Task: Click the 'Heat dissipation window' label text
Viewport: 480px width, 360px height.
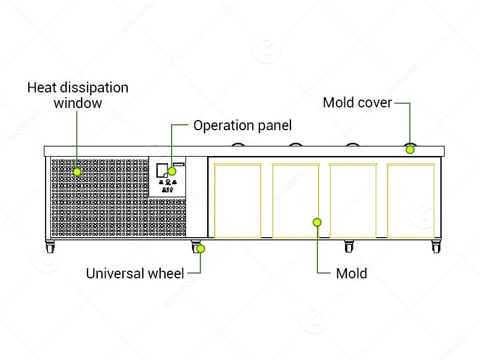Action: [x=78, y=95]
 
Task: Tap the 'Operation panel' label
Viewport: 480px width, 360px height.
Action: [x=242, y=125]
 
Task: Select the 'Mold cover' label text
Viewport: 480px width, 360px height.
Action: [x=357, y=103]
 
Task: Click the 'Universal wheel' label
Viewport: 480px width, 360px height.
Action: [x=135, y=274]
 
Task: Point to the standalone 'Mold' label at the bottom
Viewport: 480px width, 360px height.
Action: [x=352, y=274]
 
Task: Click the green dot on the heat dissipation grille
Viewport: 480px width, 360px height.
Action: [x=77, y=172]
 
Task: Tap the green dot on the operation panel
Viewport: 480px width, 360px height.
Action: [x=172, y=171]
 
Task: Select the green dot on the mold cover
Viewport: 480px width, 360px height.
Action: [x=410, y=149]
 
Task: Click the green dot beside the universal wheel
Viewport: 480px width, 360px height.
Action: [x=200, y=248]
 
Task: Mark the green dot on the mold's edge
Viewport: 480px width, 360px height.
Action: [x=317, y=222]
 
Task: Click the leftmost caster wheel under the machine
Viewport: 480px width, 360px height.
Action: [x=50, y=247]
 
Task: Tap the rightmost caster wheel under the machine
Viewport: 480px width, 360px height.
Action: [x=436, y=247]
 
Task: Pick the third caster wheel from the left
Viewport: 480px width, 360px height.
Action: [x=349, y=247]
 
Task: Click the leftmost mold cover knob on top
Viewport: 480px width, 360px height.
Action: [x=238, y=145]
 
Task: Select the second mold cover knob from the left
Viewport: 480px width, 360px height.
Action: [x=296, y=145]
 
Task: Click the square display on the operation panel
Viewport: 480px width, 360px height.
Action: [x=162, y=170]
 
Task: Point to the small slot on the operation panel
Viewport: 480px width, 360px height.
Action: [x=179, y=164]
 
